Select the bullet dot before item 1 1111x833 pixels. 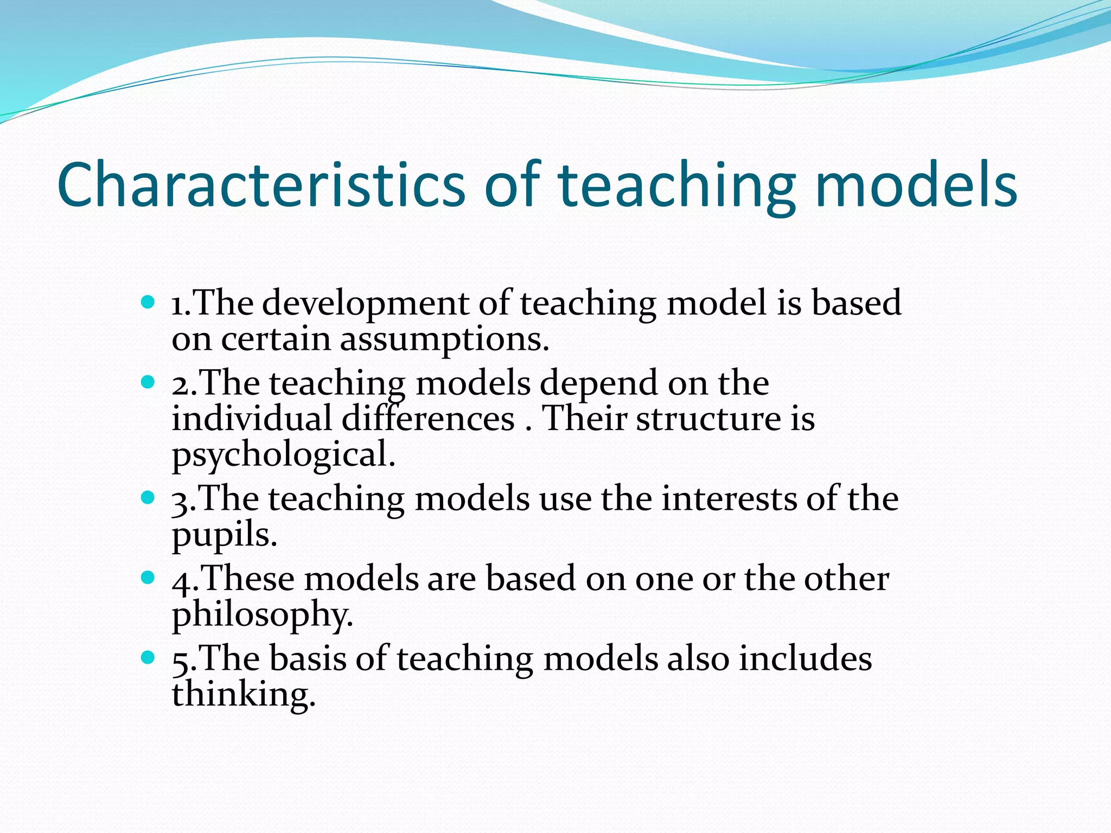(x=147, y=302)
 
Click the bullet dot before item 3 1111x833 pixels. (x=147, y=497)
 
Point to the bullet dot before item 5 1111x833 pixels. (x=147, y=658)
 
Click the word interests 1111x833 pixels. (x=729, y=499)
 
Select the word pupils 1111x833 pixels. (x=224, y=536)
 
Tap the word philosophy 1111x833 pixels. (x=262, y=616)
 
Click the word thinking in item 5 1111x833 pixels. (x=243, y=695)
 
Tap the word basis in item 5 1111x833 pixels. (x=308, y=659)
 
